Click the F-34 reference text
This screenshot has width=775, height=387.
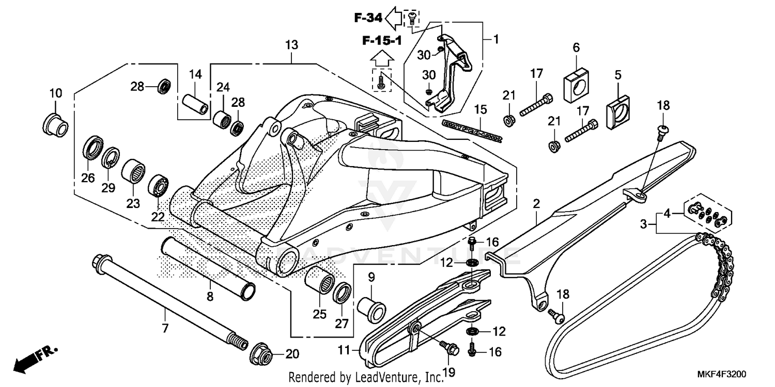[368, 18]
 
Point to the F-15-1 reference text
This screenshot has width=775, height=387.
[381, 41]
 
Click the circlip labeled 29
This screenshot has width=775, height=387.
[110, 158]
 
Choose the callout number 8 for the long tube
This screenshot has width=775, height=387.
[210, 297]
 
